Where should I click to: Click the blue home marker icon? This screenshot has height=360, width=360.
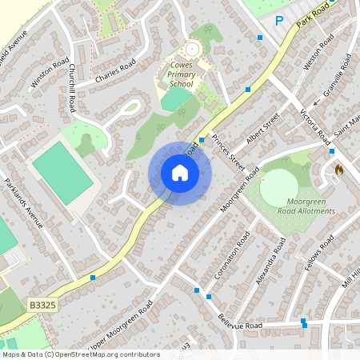tap(180, 173)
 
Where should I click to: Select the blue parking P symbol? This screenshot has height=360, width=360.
tap(279, 21)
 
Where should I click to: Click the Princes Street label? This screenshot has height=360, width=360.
tap(228, 150)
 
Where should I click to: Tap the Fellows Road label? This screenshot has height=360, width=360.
tap(315, 256)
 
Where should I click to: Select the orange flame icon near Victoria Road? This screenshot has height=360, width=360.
tap(338, 170)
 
